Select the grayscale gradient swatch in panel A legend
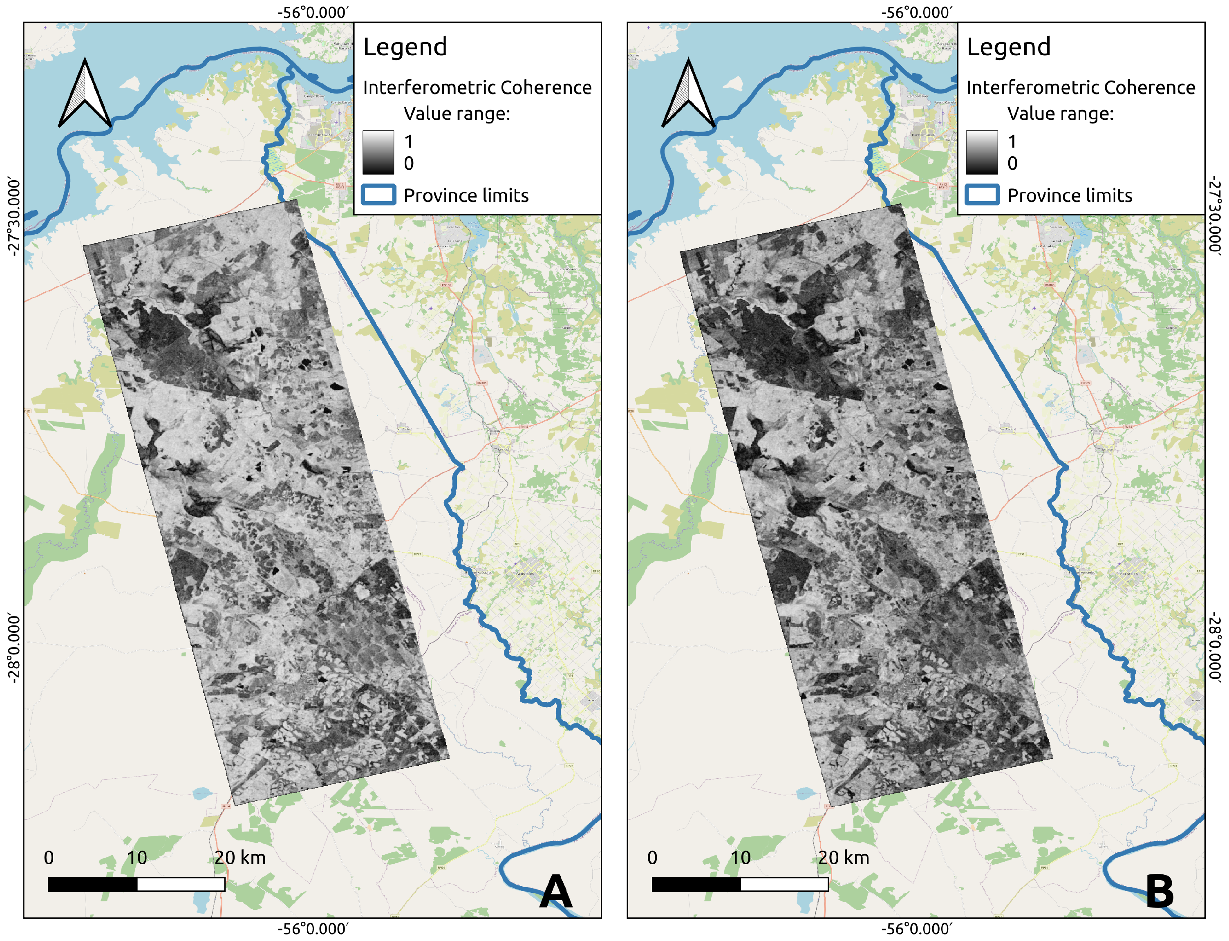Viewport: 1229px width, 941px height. point(378,152)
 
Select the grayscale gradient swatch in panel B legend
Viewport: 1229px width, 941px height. point(981,152)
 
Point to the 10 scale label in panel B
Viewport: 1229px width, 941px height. point(740,858)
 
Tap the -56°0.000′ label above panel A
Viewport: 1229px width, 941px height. point(312,12)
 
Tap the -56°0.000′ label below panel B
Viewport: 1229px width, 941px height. point(916,929)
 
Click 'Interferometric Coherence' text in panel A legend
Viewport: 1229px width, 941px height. point(477,88)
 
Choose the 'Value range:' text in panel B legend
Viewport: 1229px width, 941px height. point(1061,114)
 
